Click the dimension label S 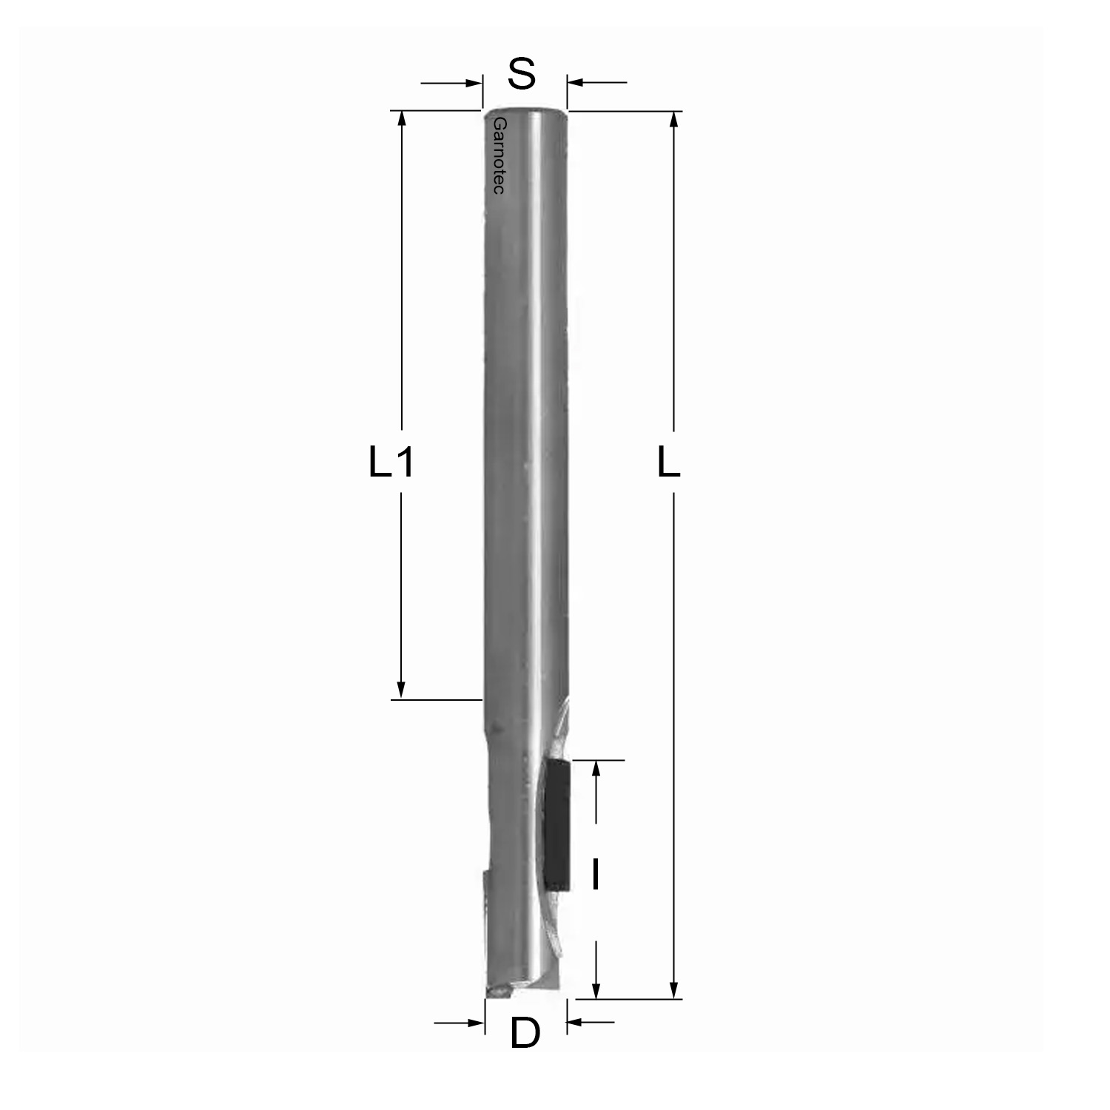pyautogui.click(x=522, y=74)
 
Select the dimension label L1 pyautogui.click(x=391, y=463)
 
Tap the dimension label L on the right pyautogui.click(x=669, y=463)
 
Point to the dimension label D pyautogui.click(x=525, y=1033)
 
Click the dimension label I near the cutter pyautogui.click(x=595, y=873)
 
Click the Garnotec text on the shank pyautogui.click(x=499, y=155)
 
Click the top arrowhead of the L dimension pyautogui.click(x=673, y=120)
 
